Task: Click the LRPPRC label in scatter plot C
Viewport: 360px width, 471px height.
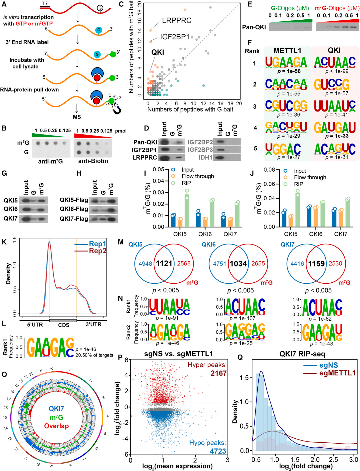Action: click(x=177, y=21)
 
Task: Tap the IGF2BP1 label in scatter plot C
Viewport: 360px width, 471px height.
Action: click(x=174, y=37)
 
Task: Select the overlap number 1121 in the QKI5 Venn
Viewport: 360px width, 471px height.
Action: click(x=164, y=264)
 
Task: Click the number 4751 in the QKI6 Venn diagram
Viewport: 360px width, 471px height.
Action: click(x=219, y=264)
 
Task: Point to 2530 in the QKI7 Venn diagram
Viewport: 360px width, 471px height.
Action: click(x=335, y=264)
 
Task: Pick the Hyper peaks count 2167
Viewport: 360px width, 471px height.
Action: click(x=218, y=373)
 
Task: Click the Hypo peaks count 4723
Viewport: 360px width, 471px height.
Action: click(x=218, y=451)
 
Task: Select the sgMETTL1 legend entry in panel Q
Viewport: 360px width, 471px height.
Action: click(x=337, y=373)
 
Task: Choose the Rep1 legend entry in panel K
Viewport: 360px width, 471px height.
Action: click(x=97, y=244)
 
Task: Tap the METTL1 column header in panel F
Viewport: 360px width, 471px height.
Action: click(x=287, y=50)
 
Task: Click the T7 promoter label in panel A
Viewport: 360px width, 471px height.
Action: click(x=45, y=4)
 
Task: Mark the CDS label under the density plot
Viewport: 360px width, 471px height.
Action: click(x=64, y=325)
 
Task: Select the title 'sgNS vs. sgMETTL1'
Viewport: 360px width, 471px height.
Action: click(x=178, y=354)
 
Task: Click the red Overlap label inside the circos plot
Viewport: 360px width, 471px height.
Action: click(x=56, y=426)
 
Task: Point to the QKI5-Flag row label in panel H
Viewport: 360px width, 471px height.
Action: click(x=74, y=200)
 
